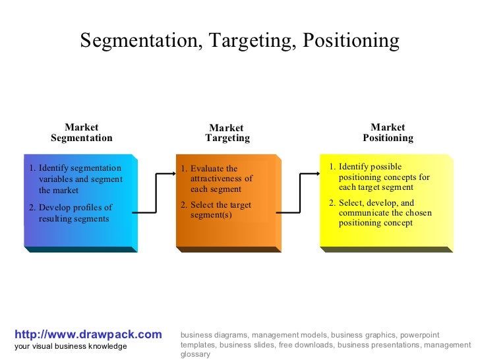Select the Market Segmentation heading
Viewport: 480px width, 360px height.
tap(82, 133)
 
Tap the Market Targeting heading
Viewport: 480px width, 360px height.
tap(227, 133)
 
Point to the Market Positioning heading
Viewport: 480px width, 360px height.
tap(388, 133)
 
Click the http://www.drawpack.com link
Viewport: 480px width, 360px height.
tap(88, 335)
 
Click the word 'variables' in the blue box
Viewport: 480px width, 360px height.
tap(57, 179)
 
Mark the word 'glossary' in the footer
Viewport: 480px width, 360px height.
tap(195, 354)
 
